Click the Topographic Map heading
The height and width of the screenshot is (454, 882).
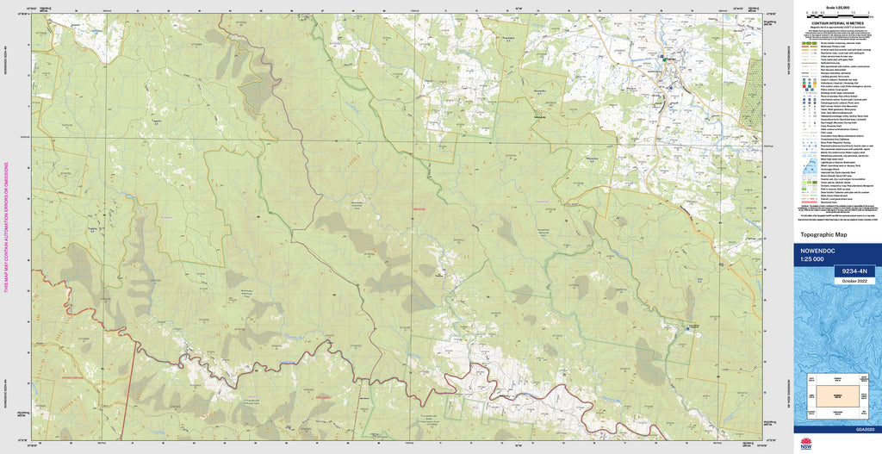823,234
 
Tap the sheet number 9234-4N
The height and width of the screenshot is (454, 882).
852,271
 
